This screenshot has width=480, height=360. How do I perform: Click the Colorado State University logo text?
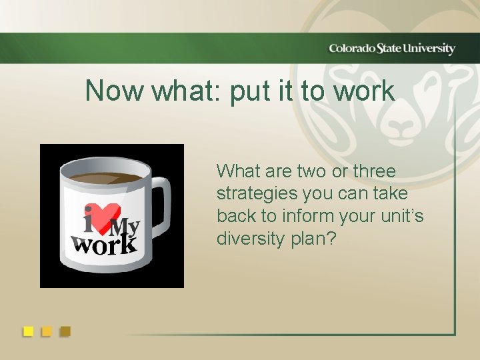pos(391,49)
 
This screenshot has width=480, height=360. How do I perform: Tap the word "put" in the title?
pos(247,92)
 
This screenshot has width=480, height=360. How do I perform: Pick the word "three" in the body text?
pos(374,171)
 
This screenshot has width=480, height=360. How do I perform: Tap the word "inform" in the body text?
pos(303,217)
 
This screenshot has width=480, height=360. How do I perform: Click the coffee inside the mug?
pos(107,178)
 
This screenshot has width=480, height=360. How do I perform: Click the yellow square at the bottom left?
pos(28,331)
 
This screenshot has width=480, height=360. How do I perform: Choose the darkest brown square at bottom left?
pos(65,331)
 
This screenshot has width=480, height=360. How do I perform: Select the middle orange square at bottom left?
pos(47,331)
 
